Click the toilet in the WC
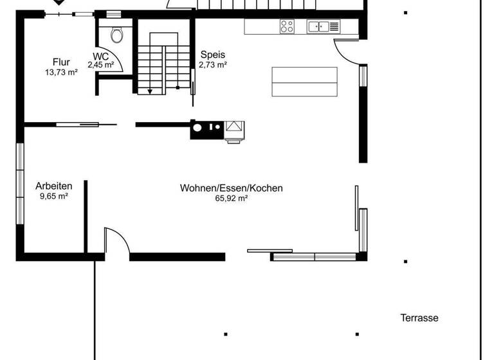pos(117,33)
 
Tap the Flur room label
pos(61,62)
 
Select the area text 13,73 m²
pos(61,73)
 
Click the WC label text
pos(100,56)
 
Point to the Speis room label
pos(212,55)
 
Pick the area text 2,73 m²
pos(212,65)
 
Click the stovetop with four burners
pos(287,26)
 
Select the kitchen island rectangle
pos(304,82)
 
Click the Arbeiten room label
pos(53,186)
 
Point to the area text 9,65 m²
pos(53,197)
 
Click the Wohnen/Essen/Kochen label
pos(231,188)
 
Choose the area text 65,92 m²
pos(231,199)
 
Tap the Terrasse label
pos(419,318)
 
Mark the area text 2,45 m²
pos(101,65)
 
